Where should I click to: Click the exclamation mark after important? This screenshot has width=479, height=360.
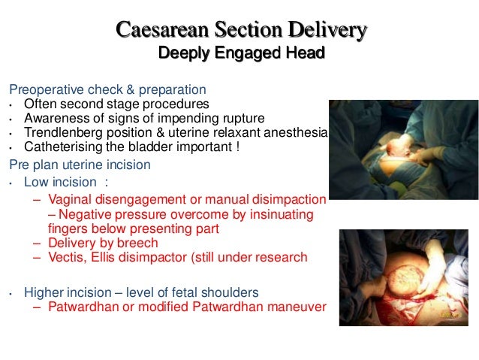coord(239,148)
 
